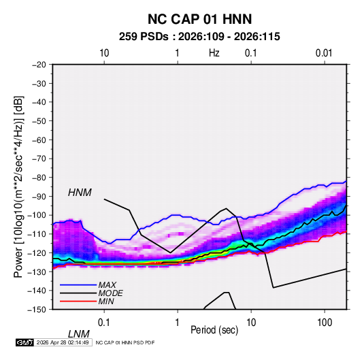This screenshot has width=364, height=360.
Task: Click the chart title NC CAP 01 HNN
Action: click(x=199, y=19)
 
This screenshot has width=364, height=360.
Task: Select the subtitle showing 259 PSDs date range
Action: click(x=199, y=37)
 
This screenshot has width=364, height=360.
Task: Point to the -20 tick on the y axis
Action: click(x=39, y=65)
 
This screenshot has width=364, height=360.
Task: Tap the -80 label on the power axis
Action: click(x=39, y=178)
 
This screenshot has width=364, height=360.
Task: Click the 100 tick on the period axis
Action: click(x=325, y=323)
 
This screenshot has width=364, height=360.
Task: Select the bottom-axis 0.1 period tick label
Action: click(x=104, y=323)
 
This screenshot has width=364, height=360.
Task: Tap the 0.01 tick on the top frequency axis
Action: click(x=324, y=53)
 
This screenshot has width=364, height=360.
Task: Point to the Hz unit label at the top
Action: click(x=214, y=53)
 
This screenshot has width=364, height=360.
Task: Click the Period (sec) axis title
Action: click(x=214, y=330)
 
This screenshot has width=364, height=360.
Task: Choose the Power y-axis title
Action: click(x=18, y=186)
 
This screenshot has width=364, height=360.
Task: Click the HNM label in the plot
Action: click(x=80, y=193)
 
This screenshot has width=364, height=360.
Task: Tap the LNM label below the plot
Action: click(x=79, y=334)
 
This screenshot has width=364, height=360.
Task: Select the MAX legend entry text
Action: click(x=107, y=284)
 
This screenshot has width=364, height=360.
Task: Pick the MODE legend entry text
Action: click(x=110, y=293)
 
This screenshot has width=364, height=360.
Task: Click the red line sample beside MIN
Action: click(x=78, y=301)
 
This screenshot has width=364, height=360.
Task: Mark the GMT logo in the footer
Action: click(x=25, y=342)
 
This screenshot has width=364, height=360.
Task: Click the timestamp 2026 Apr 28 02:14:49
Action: click(x=63, y=342)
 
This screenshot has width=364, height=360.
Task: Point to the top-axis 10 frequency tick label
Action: click(x=104, y=53)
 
